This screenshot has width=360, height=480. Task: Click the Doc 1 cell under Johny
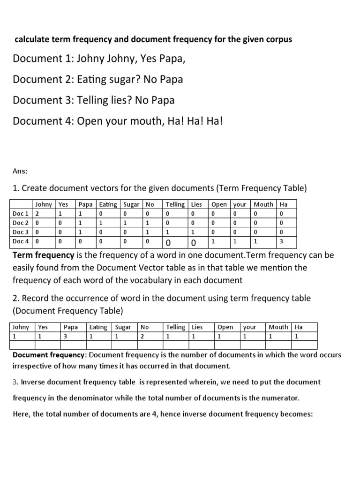point(37,213)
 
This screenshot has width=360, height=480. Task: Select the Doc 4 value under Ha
point(282,242)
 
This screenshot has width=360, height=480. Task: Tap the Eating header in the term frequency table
point(108,204)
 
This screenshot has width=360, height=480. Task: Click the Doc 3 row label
point(21,232)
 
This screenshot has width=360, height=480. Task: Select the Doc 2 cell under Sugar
point(125,223)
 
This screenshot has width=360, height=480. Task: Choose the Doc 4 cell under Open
point(213,241)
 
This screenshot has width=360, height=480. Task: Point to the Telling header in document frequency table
point(175,327)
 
